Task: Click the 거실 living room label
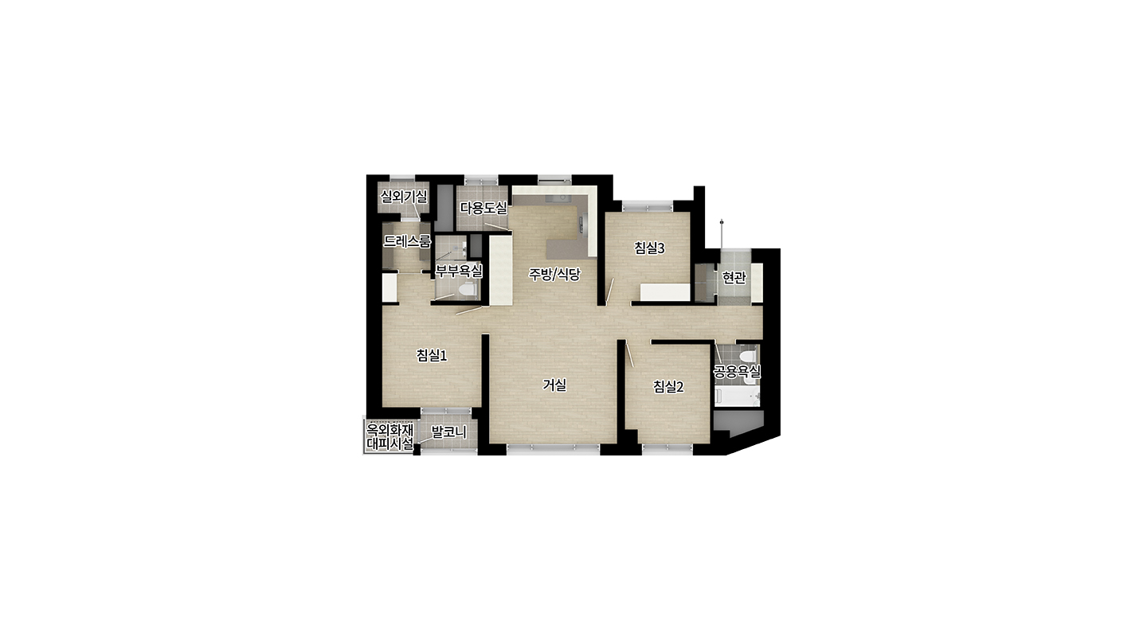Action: coord(554,385)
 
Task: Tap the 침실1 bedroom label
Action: coord(432,355)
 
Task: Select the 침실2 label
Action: coord(668,387)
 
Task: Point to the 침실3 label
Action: coord(649,248)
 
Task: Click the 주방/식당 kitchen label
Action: coord(554,275)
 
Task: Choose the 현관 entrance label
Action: coord(734,277)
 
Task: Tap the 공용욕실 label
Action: coord(738,371)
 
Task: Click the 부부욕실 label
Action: coord(459,270)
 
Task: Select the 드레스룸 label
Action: coord(407,241)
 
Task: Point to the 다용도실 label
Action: coord(483,209)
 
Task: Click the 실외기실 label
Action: coord(404,197)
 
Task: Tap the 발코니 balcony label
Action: coord(449,432)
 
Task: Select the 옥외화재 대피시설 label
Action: coord(390,436)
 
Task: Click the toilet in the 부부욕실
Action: coord(467,291)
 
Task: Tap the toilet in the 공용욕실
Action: coord(748,356)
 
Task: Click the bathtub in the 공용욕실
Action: coord(737,397)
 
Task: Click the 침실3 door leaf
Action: coord(610,291)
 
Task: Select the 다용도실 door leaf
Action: coord(498,228)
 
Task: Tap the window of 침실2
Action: coord(667,449)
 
